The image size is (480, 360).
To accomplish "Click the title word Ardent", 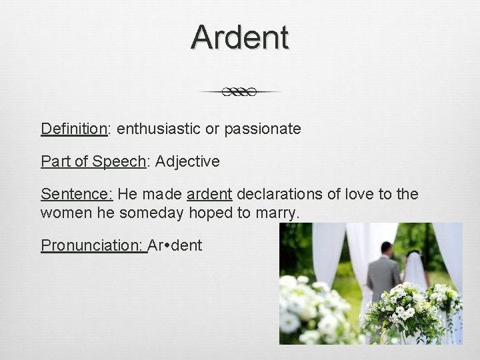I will (239, 37).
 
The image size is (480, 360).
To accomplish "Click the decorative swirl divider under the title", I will (240, 92).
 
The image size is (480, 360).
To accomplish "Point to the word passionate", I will (263, 129).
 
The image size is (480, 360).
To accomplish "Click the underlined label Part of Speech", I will (93, 161).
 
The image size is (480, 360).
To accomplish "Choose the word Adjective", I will (187, 161).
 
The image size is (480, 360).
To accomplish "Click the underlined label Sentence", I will (77, 194).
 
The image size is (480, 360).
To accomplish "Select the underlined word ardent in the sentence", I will (209, 194).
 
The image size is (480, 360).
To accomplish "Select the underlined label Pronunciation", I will (92, 245).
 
